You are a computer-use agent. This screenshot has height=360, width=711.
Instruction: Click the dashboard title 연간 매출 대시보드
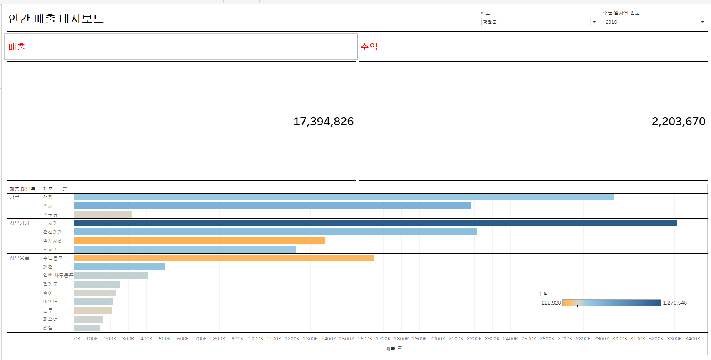tap(56, 19)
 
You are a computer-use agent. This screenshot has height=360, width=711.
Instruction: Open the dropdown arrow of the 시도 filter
tap(594, 22)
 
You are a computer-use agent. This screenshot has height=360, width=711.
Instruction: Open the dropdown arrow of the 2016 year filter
tap(702, 22)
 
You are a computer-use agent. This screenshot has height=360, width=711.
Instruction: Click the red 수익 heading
tap(369, 47)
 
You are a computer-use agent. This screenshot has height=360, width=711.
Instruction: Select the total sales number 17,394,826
tap(323, 122)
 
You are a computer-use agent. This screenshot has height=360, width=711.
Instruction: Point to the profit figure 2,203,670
tap(678, 122)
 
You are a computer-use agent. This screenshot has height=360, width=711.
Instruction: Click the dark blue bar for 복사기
tap(374, 223)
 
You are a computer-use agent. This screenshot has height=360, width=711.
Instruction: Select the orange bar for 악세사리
tap(199, 241)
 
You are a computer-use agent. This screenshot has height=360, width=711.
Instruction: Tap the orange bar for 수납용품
tap(223, 258)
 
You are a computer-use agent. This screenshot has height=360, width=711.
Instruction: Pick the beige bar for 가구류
tap(103, 214)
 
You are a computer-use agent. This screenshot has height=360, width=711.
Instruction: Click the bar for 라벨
tap(87, 328)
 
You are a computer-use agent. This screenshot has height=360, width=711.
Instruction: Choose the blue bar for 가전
tap(119, 267)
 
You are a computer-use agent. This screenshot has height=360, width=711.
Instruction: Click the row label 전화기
tap(50, 250)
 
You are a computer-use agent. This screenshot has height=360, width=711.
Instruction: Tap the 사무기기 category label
tap(20, 223)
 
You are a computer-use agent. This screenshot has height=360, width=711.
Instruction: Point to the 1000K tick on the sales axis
tap(256, 339)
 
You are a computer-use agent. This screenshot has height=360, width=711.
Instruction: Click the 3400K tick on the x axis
tap(693, 339)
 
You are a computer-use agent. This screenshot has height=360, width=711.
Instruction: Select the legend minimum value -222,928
tap(550, 303)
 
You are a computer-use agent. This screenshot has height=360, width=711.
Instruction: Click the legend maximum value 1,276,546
tap(675, 303)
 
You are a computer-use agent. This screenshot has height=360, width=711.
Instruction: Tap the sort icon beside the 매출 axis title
tap(400, 348)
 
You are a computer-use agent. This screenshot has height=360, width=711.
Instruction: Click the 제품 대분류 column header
tap(22, 189)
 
